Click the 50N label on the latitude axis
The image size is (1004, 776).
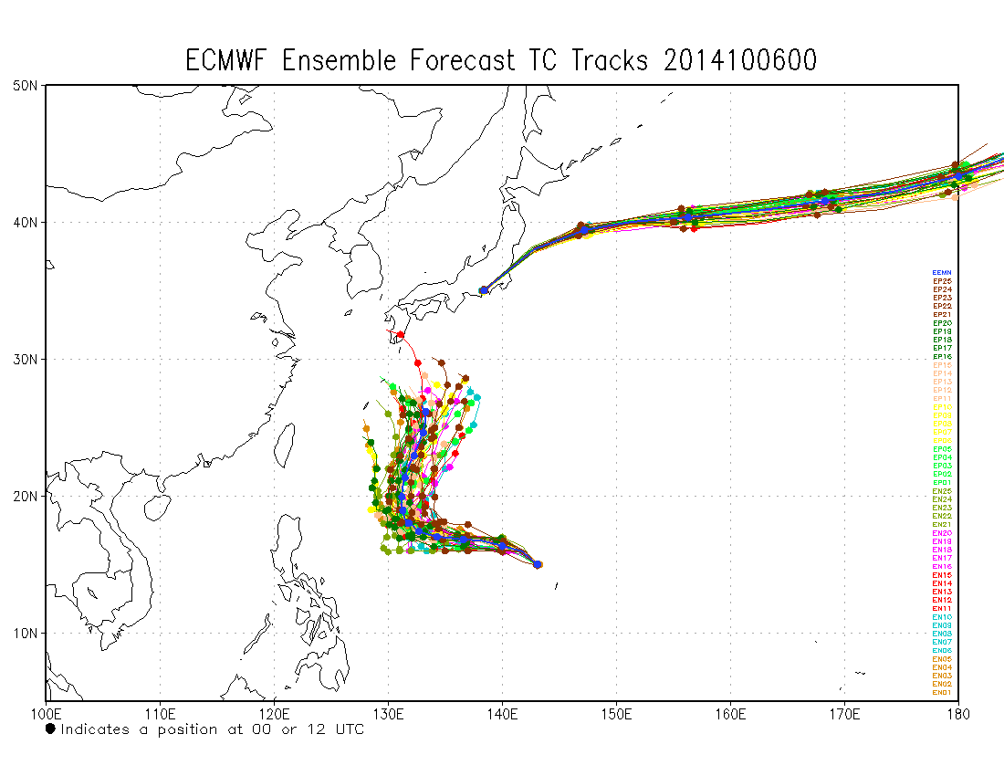pyautogui.click(x=25, y=85)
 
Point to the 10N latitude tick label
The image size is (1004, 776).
pyautogui.click(x=25, y=633)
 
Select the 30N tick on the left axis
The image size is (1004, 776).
pyautogui.click(x=25, y=359)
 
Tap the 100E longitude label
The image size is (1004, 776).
pyautogui.click(x=46, y=710)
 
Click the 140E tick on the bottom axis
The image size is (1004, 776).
pyautogui.click(x=502, y=710)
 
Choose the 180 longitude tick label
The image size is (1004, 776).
pyautogui.click(x=957, y=710)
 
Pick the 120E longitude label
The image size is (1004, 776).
pyautogui.click(x=274, y=710)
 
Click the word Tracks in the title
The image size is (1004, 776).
pyautogui.click(x=610, y=60)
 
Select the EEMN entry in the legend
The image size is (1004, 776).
pyautogui.click(x=942, y=273)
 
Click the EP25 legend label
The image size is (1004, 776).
pyautogui.click(x=942, y=281)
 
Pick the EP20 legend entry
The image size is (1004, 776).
pyautogui.click(x=942, y=323)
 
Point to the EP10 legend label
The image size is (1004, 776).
pyautogui.click(x=942, y=407)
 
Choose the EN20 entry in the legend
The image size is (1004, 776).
pyautogui.click(x=942, y=533)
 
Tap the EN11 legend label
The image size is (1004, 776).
pyautogui.click(x=942, y=609)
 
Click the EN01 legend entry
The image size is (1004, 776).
pyautogui.click(x=942, y=693)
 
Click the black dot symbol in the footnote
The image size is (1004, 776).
pyautogui.click(x=50, y=729)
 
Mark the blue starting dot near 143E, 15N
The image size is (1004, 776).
pyautogui.click(x=538, y=564)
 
